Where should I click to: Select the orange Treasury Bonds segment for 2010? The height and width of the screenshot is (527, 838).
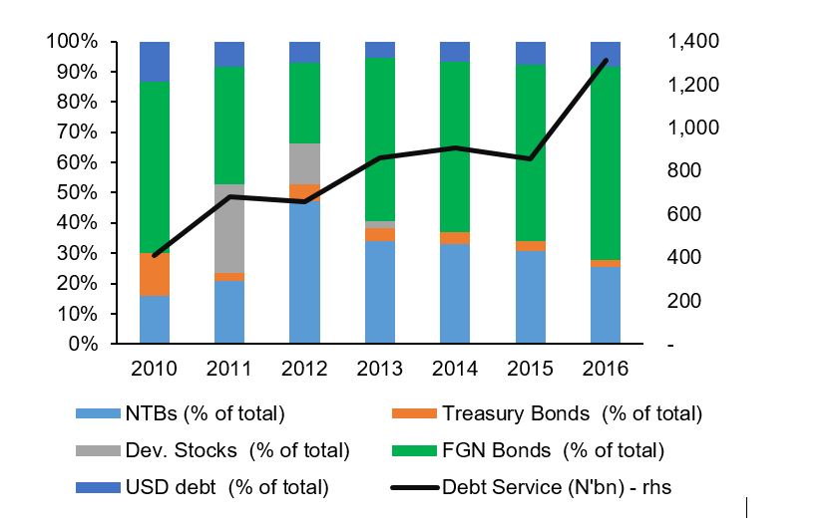(154, 275)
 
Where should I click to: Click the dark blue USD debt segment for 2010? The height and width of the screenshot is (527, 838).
(154, 62)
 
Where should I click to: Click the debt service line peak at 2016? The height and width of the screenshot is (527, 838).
(606, 61)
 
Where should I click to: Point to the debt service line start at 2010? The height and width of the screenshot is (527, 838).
(154, 256)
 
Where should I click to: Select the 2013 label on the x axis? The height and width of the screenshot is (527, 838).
(379, 369)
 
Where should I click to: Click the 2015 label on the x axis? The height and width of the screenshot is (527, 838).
(530, 369)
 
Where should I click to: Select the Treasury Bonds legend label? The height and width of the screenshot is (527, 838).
(572, 413)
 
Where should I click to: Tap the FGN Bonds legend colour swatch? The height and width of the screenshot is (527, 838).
(411, 450)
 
